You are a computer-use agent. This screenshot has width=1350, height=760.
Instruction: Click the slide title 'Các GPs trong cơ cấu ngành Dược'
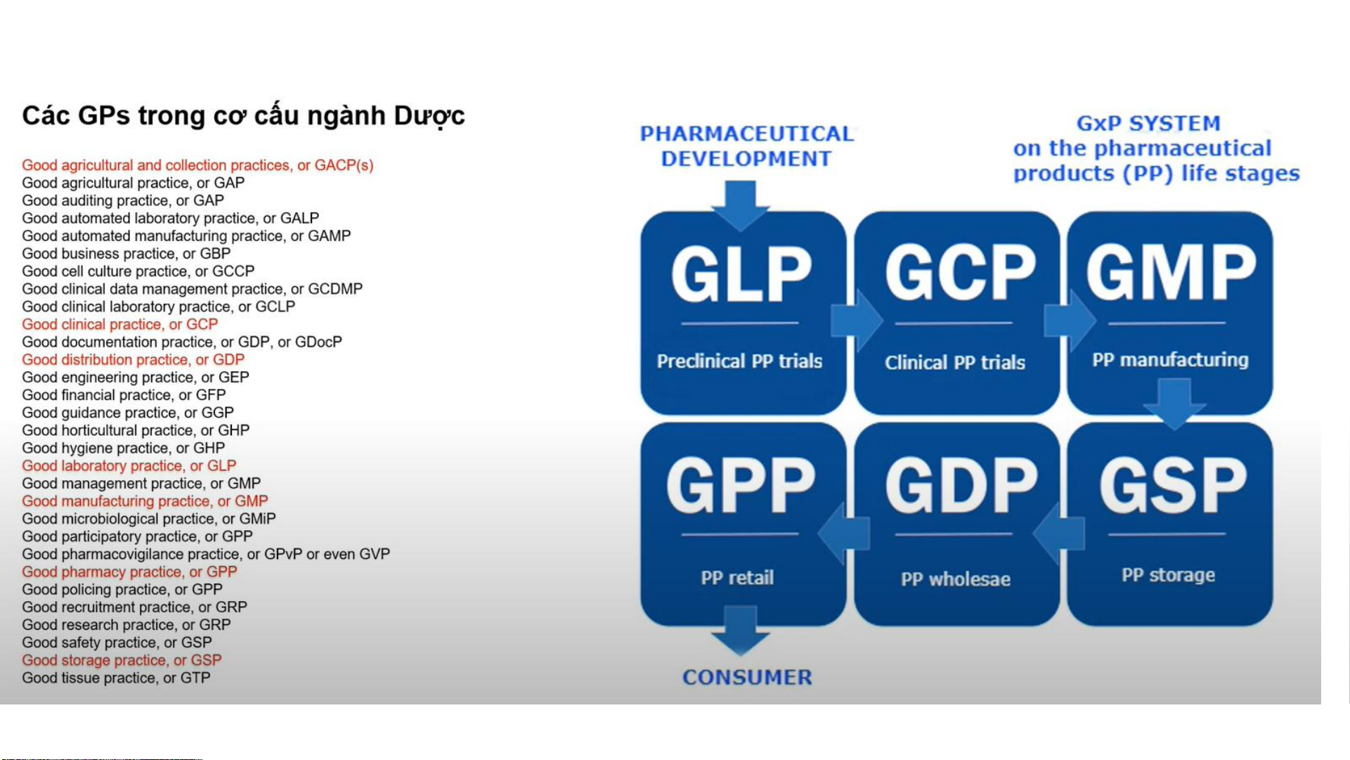coord(243,116)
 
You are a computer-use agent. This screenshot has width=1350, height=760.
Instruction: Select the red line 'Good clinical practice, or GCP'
coord(120,324)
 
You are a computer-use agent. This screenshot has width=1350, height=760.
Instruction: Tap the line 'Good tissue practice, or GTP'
coord(116,678)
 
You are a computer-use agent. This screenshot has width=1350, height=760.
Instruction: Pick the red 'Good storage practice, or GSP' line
coord(122,660)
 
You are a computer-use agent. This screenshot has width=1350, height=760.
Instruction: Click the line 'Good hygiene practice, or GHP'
coord(124,448)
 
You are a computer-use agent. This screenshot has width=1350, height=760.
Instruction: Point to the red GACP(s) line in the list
coord(197,165)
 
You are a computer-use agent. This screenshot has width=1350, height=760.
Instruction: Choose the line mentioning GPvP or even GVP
coord(206,554)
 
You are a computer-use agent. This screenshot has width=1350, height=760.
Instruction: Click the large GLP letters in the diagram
coord(741,274)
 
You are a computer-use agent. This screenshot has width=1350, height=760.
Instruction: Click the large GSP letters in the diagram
coord(1173,486)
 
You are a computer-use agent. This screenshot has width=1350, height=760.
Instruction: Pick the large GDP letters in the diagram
coord(961,486)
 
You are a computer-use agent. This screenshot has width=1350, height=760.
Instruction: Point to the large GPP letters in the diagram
coord(741,485)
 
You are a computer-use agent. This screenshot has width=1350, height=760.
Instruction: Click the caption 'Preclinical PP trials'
coord(739,361)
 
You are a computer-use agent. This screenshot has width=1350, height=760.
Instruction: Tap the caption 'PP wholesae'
coord(956,579)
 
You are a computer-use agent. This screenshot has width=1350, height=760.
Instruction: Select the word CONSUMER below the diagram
coord(747,677)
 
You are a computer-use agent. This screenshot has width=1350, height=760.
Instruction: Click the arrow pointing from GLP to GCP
coord(857,321)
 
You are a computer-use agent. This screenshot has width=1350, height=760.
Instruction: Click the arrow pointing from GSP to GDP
coord(1059,534)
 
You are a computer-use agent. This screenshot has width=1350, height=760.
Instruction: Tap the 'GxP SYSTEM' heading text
coord(1148,124)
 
